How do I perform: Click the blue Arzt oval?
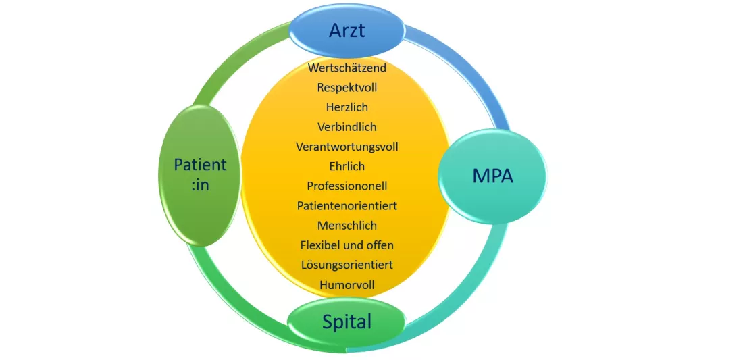click(x=347, y=30)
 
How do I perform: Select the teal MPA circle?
click(x=492, y=176)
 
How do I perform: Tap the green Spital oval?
click(x=347, y=322)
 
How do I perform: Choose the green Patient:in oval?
click(x=200, y=174)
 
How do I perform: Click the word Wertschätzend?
click(x=347, y=68)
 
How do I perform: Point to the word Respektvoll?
click(x=347, y=88)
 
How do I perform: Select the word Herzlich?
click(x=347, y=107)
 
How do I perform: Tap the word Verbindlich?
click(x=347, y=127)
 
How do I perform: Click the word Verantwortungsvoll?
click(x=347, y=147)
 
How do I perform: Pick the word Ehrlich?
click(x=347, y=166)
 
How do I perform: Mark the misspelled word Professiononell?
click(x=347, y=186)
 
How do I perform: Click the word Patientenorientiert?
click(x=347, y=205)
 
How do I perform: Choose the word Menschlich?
click(x=347, y=226)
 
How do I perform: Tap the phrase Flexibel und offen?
click(x=347, y=245)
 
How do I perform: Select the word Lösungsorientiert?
click(x=347, y=265)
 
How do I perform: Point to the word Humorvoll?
click(x=347, y=285)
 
